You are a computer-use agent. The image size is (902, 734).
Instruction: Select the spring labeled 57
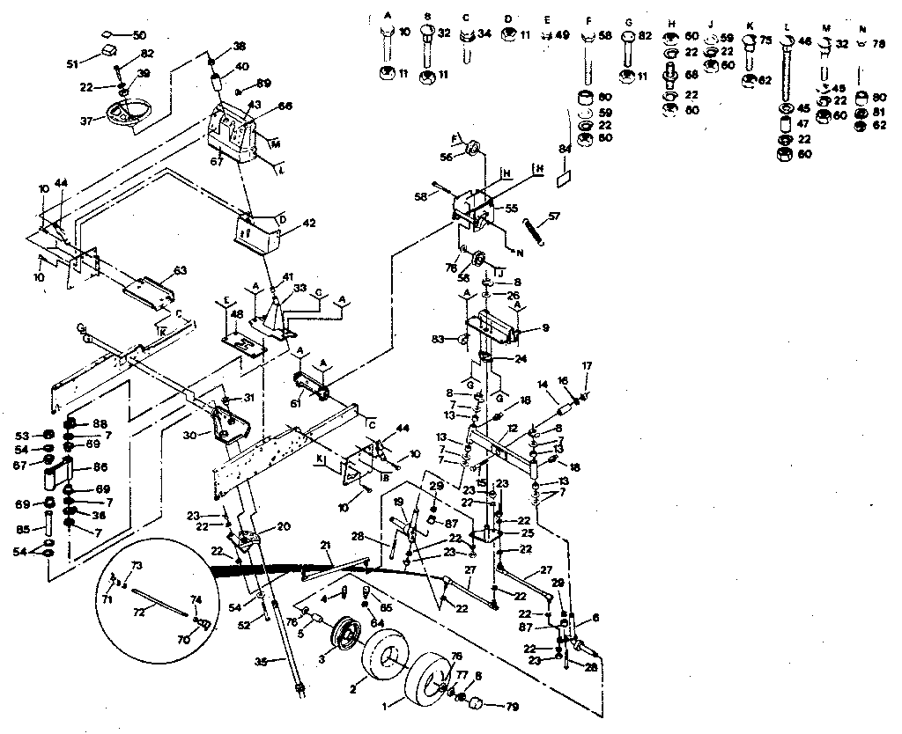(x=538, y=231)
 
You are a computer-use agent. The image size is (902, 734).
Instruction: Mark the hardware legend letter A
(x=388, y=17)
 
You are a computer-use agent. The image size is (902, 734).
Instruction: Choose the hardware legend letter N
(x=862, y=28)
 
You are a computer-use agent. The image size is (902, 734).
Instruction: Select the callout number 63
(x=181, y=269)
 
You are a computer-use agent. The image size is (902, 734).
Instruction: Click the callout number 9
(x=546, y=327)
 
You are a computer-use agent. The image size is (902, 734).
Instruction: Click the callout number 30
(x=190, y=434)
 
